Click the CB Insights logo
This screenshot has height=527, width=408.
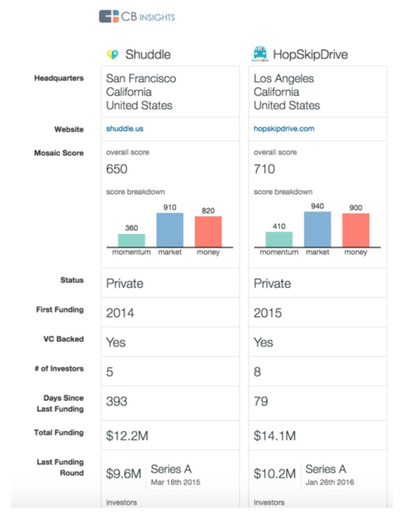[x=137, y=17]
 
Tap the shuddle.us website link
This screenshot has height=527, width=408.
[x=125, y=129]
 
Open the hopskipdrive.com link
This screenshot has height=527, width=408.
[x=284, y=129]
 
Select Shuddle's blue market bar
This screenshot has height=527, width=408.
[x=170, y=230]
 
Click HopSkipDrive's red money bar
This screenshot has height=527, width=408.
[x=356, y=230]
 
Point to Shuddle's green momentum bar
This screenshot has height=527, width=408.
[x=132, y=240]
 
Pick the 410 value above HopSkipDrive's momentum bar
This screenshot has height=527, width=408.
[x=279, y=226]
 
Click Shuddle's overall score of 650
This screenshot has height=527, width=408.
[x=117, y=169]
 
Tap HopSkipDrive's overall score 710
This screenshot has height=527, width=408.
[x=264, y=169]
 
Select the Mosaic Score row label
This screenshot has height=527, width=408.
[x=59, y=153]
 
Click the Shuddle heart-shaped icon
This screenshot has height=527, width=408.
[x=113, y=54]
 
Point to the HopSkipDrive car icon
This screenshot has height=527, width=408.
[x=260, y=54]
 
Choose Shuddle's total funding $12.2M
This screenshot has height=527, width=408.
[x=127, y=436]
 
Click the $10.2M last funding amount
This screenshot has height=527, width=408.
[x=275, y=473]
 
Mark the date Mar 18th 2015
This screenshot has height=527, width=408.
[x=176, y=482]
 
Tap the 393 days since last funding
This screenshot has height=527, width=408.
[x=117, y=401]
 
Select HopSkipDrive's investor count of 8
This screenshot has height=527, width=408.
[x=257, y=372]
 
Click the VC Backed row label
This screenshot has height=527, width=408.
[x=64, y=339]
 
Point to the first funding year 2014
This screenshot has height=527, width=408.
[x=120, y=313]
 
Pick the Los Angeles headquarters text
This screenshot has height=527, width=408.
[x=283, y=79]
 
